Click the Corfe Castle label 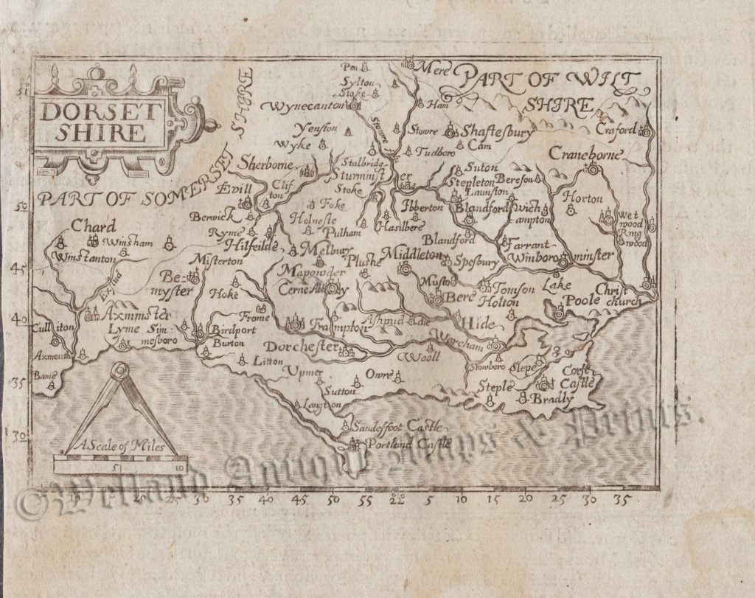click(583, 377)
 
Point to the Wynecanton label click(312, 106)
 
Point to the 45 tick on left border click(23, 269)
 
